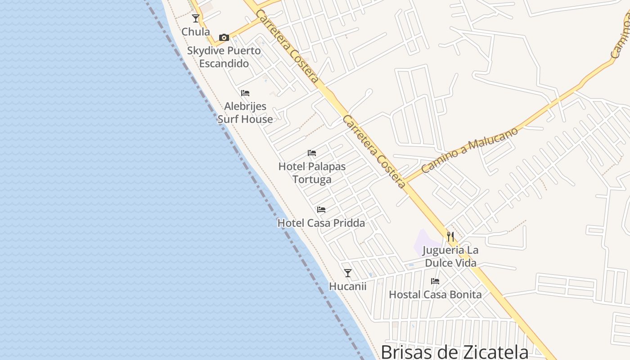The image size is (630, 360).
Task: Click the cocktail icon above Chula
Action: click(x=196, y=18)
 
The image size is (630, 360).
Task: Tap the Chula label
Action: click(x=196, y=32)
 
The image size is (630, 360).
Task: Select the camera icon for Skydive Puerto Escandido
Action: click(x=224, y=37)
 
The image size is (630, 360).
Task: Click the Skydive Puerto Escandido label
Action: click(x=224, y=57)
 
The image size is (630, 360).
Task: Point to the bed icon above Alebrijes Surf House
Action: click(x=245, y=93)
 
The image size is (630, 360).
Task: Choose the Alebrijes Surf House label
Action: click(x=245, y=113)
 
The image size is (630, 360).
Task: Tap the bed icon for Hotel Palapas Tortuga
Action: click(x=312, y=153)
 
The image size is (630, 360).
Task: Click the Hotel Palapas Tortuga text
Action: click(x=312, y=173)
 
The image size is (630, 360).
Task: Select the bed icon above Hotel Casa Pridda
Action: click(x=321, y=210)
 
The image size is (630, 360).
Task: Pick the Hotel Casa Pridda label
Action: click(x=321, y=223)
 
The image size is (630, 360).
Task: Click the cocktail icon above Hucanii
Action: click(x=348, y=273)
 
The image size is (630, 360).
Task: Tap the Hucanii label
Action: click(x=348, y=286)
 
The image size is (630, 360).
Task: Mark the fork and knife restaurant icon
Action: click(x=450, y=237)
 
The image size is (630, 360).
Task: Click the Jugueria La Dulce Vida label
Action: click(x=450, y=256)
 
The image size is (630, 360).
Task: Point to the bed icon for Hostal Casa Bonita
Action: click(x=435, y=281)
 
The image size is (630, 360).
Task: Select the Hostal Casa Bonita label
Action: click(x=435, y=295)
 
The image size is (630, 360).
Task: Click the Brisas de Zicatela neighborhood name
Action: click(x=454, y=351)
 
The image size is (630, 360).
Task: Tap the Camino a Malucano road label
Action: click(x=470, y=150)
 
